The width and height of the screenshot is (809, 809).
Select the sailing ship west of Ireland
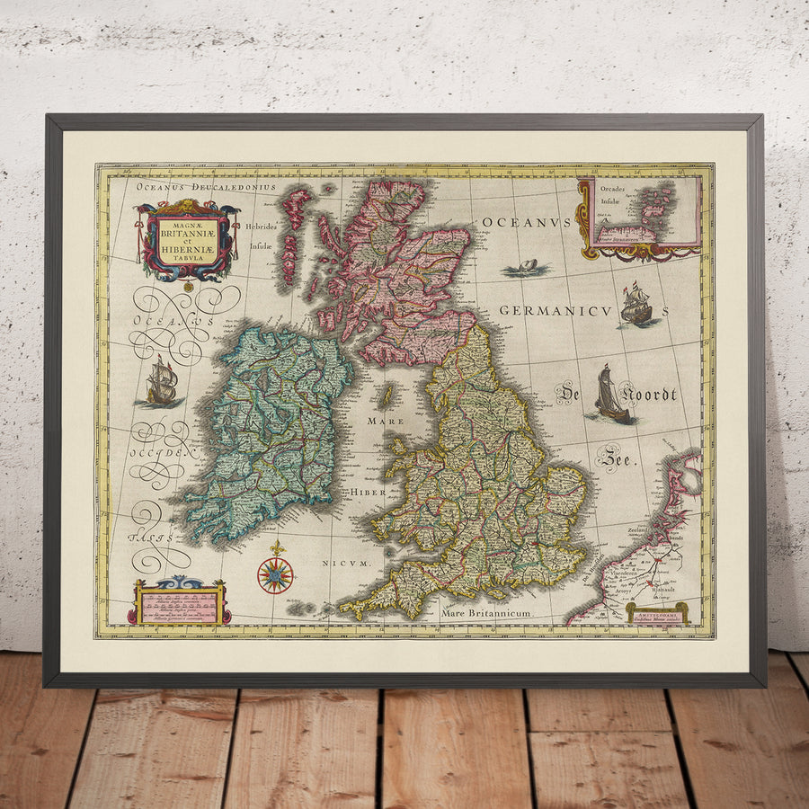pyautogui.click(x=162, y=381)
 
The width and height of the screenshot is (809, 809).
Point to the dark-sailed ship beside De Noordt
pyautogui.click(x=611, y=396)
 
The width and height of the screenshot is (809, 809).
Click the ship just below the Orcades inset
pyautogui.click(x=636, y=304)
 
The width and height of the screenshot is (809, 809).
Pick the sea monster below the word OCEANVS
pyautogui.click(x=527, y=267)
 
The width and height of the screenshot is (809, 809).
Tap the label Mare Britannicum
pyautogui.click(x=486, y=613)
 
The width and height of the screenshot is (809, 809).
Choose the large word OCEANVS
pyautogui.click(x=527, y=222)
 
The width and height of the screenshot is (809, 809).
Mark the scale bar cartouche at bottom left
pyautogui.click(x=179, y=603)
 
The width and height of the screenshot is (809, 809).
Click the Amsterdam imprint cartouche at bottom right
pyautogui.click(x=657, y=612)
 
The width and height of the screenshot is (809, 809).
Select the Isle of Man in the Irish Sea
pyautogui.click(x=388, y=396)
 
